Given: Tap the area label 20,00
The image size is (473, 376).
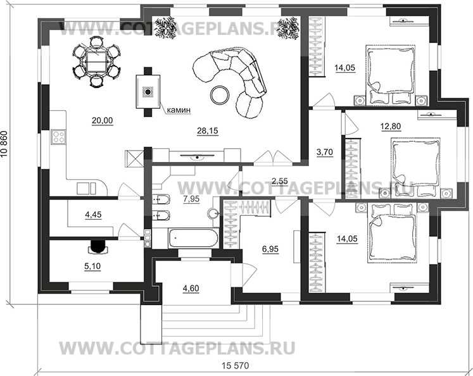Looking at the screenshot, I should pos(102,120).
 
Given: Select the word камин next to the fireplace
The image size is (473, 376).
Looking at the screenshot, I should pos(179,110).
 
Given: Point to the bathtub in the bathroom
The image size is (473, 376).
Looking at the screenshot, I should pos(194,239).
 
